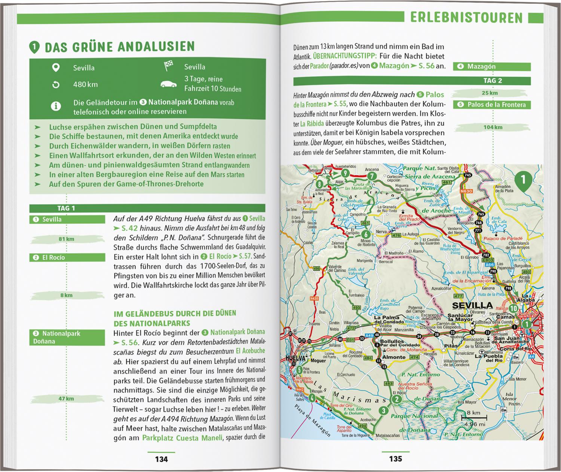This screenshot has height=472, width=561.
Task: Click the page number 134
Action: click(161, 459)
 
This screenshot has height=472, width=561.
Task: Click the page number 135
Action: click(395, 459)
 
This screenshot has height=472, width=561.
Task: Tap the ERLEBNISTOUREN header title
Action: click(466, 18)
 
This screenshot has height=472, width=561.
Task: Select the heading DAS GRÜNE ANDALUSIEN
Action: click(120, 47)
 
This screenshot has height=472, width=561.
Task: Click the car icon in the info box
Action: click(168, 84)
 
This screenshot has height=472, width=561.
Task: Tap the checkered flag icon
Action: click(169, 66)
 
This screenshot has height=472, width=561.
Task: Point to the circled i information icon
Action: click(56, 107)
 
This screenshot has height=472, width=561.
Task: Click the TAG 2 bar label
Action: click(493, 81)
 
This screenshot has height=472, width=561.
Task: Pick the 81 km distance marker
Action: click(67, 239)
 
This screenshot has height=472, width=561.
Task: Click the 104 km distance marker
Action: click(493, 127)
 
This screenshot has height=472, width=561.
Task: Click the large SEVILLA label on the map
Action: click(472, 305)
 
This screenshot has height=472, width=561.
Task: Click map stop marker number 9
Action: click(345, 173)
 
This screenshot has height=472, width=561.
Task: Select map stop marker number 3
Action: click(383, 411)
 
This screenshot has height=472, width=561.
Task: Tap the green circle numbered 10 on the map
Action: click(514, 309)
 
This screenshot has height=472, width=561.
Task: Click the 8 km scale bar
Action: click(473, 417)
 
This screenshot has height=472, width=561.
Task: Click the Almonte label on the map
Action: click(393, 357)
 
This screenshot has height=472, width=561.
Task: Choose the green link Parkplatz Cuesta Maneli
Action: click(182, 438)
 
